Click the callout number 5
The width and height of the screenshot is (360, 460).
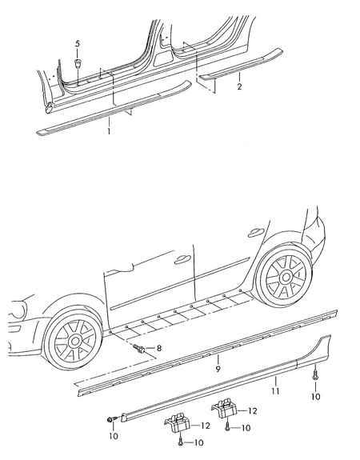click(x=78, y=44)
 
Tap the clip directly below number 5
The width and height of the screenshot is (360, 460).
click(x=78, y=63)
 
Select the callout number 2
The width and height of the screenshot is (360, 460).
click(x=239, y=86)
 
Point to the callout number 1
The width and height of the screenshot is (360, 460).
click(x=109, y=131)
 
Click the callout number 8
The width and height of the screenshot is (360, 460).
click(x=159, y=348)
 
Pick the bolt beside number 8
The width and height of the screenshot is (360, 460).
click(x=138, y=348)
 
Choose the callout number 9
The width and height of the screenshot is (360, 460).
click(x=218, y=369)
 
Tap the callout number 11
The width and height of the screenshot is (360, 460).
click(x=275, y=390)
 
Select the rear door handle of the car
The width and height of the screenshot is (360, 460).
click(x=256, y=232)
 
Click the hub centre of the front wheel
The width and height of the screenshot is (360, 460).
click(x=75, y=341)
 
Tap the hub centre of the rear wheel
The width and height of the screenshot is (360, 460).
click(x=286, y=277)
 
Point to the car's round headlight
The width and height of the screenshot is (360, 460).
click(x=18, y=310)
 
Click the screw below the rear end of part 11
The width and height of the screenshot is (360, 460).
click(x=315, y=374)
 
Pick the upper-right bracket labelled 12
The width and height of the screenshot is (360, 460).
click(x=225, y=408)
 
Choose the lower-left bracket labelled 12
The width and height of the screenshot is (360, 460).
click(x=178, y=422)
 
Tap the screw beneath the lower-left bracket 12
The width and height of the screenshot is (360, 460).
click(x=181, y=442)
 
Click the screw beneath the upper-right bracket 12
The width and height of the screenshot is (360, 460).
click(x=227, y=427)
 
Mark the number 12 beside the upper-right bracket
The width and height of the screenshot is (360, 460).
click(x=252, y=411)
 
